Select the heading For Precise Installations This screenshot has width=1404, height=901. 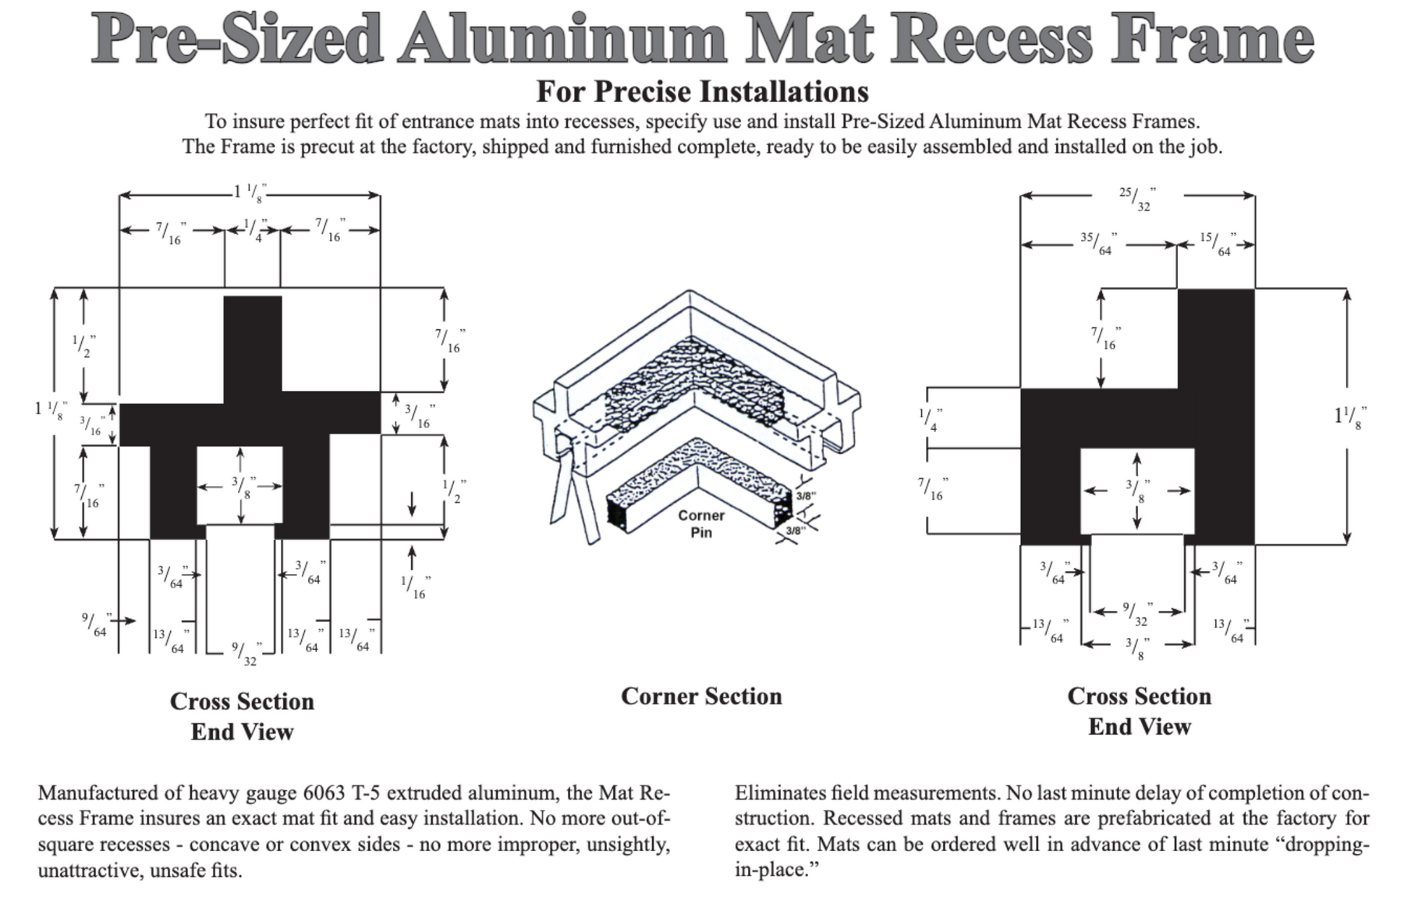702,92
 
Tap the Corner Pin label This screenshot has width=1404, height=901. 701,523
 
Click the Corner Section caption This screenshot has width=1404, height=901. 701,696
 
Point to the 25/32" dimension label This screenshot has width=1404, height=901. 1137,198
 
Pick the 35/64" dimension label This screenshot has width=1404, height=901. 1098,243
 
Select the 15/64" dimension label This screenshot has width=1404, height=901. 1217,243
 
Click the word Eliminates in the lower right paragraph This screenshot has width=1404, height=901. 778,793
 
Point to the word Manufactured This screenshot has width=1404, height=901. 97,793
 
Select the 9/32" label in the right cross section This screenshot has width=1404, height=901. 1136,614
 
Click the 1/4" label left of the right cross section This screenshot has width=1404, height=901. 930,420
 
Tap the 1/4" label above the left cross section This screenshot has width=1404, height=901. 254,229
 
